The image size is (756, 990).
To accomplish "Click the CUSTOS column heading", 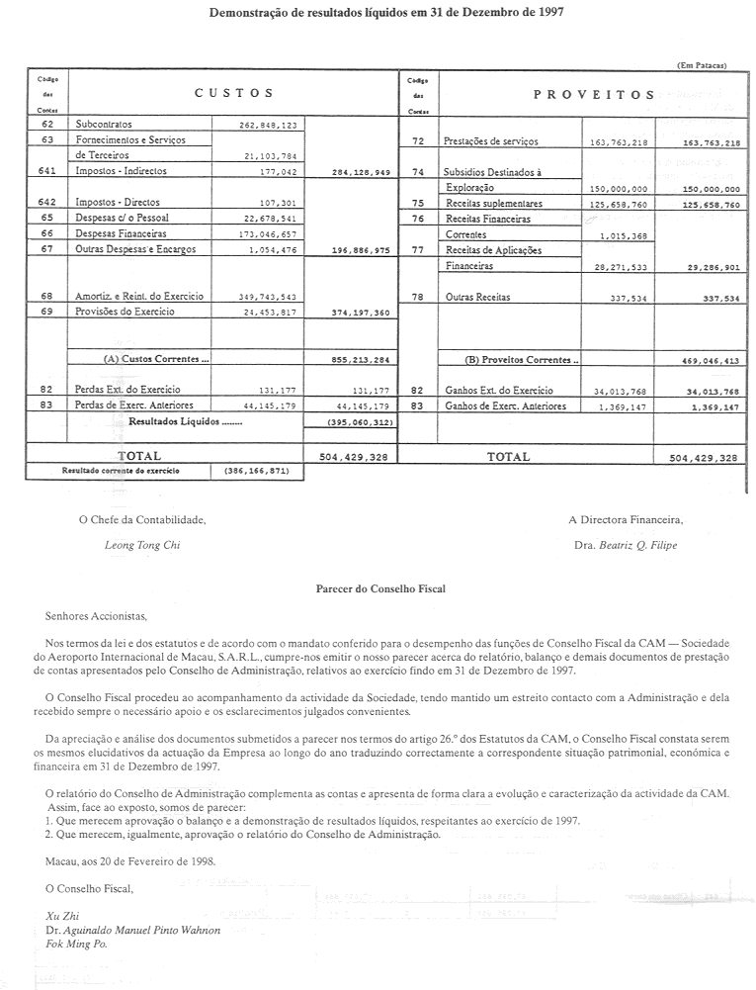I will (233, 93).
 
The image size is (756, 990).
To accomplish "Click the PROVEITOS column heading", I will (593, 95).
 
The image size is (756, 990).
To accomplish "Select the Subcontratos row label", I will (105, 126).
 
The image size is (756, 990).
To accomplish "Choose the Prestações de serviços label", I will (492, 141).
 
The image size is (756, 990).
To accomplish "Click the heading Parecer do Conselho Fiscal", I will (379, 589).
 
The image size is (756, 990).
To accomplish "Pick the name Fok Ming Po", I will (76, 944).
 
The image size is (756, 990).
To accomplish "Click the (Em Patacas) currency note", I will (702, 64).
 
